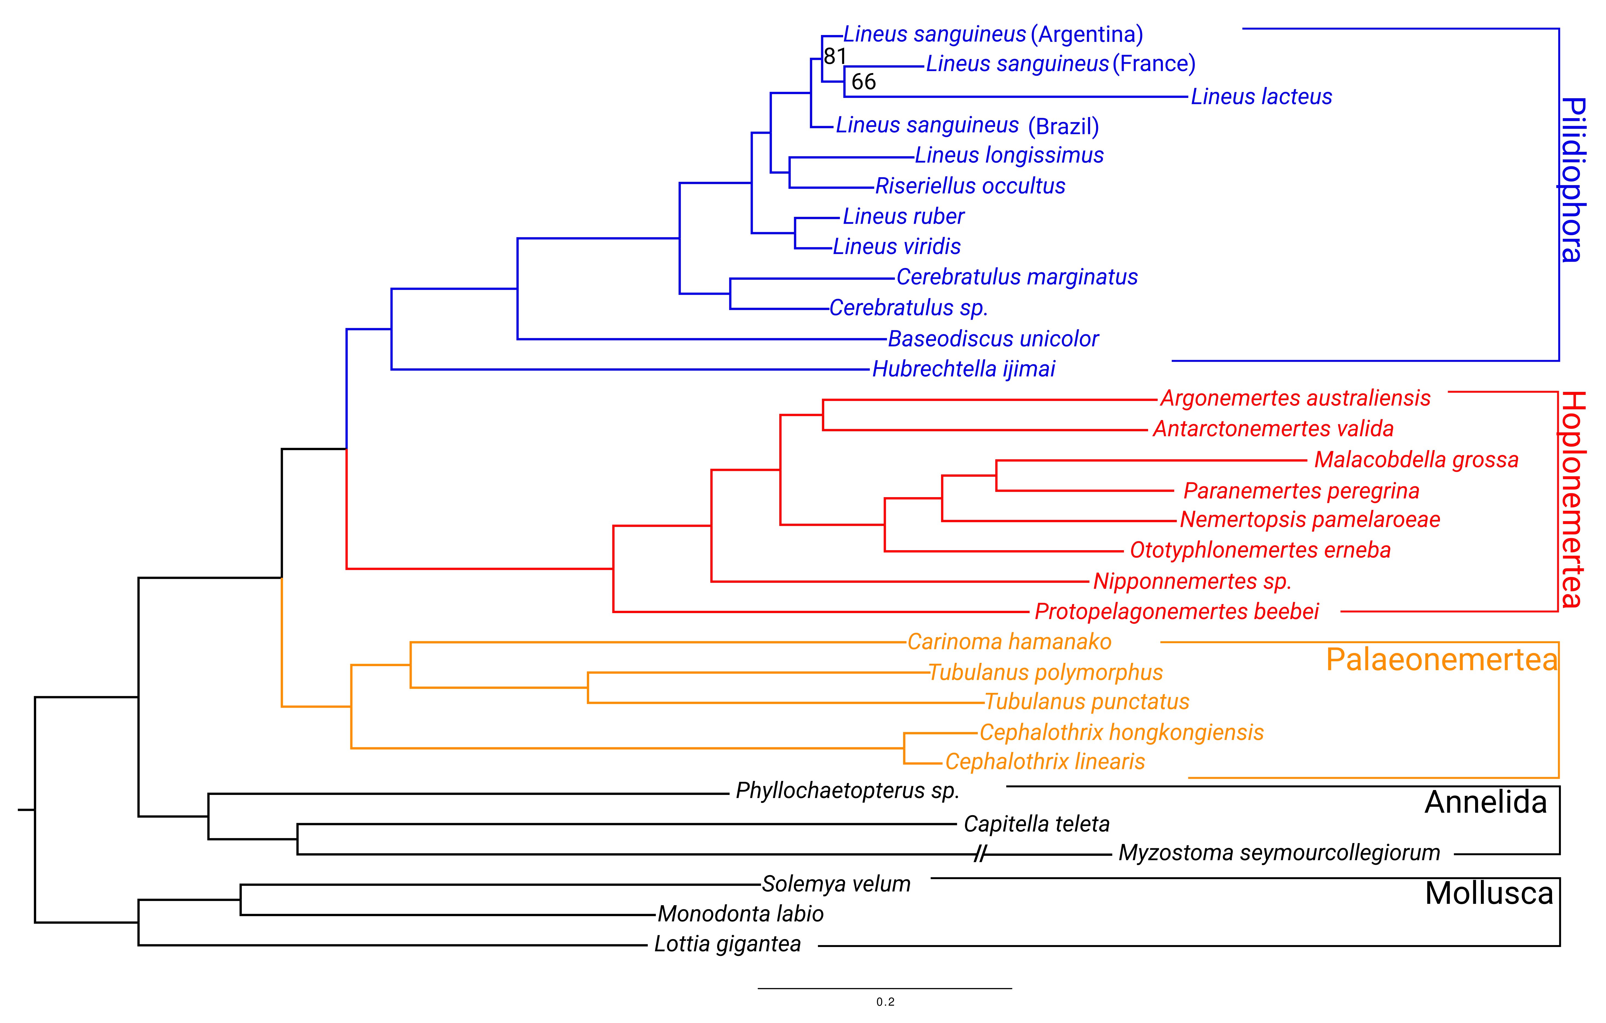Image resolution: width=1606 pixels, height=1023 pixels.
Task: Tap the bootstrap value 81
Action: [x=835, y=57]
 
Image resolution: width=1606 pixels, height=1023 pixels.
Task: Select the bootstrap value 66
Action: [x=864, y=82]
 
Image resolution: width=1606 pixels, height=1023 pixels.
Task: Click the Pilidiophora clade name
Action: [x=1573, y=180]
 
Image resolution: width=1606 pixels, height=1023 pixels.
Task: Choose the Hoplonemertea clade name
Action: [x=1573, y=500]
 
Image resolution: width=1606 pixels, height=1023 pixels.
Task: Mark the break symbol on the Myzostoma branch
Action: [x=981, y=854]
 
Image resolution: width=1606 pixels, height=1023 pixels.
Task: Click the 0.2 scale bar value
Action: [x=885, y=1002]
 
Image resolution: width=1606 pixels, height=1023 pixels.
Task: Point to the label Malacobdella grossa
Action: [x=1416, y=460]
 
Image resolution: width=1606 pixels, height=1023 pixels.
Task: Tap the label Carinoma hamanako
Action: [x=1009, y=642]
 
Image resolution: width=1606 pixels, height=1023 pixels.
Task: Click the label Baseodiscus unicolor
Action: [x=993, y=339]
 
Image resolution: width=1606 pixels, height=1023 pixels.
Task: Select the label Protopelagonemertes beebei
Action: [x=1177, y=612]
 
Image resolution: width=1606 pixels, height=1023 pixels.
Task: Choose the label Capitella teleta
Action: [x=1036, y=824]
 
